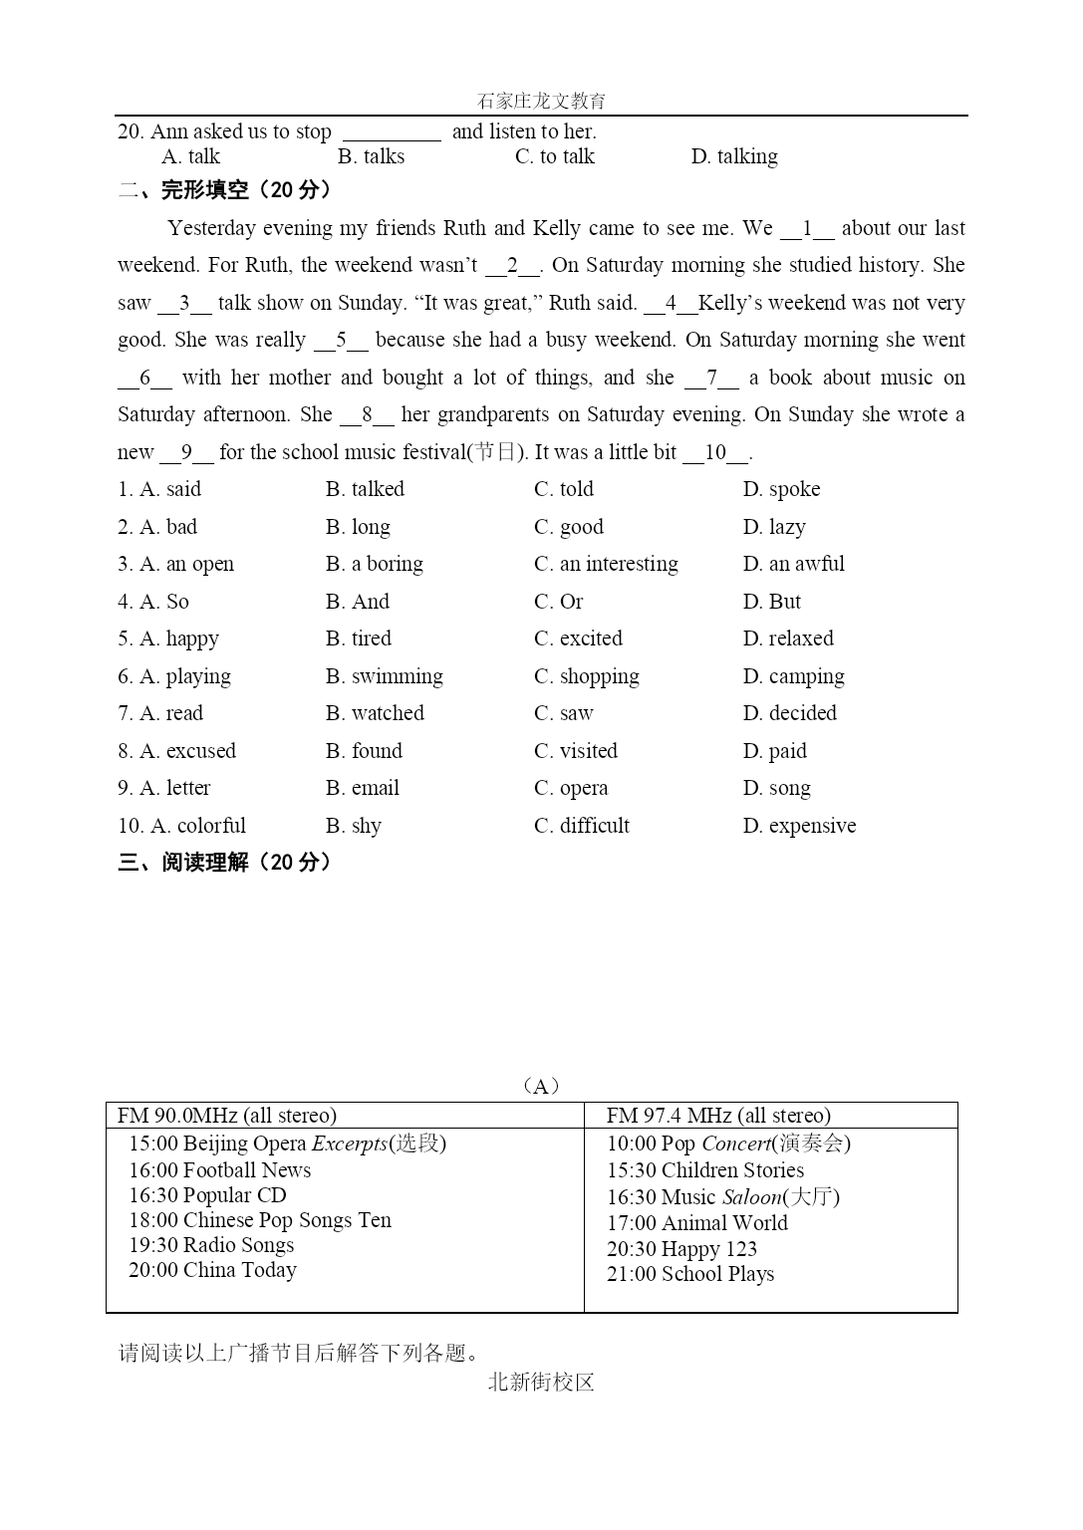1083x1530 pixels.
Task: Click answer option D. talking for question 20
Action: tap(734, 156)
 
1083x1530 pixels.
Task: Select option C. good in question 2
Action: tap(569, 527)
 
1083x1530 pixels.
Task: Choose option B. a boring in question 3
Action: tap(375, 564)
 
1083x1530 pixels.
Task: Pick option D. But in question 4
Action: tap(771, 602)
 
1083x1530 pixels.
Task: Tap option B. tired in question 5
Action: tap(359, 638)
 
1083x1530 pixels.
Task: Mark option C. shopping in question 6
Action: tap(587, 676)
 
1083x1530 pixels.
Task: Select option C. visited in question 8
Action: tap(576, 751)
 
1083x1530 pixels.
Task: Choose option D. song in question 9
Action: tap(776, 788)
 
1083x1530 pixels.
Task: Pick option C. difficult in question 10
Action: tap(582, 826)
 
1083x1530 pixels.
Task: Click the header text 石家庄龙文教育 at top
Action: tap(541, 101)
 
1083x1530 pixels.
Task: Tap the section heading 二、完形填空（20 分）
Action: tap(224, 190)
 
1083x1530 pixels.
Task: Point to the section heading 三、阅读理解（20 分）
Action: tap(224, 863)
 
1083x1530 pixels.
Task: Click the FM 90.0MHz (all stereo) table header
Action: tap(227, 1116)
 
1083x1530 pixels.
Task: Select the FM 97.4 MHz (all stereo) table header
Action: tap(718, 1116)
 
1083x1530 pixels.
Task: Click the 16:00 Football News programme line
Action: tap(219, 1170)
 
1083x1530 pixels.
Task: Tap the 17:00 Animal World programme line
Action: tap(697, 1223)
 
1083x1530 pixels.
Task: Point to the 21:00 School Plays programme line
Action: tap(690, 1274)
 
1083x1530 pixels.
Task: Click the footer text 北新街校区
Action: tap(541, 1383)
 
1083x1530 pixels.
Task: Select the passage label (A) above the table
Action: tap(541, 1086)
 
